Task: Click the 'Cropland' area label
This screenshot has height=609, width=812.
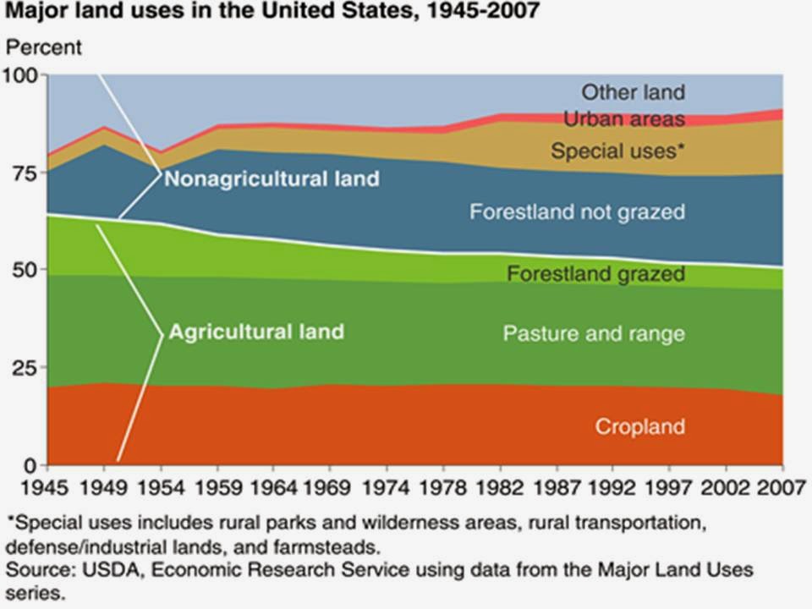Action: (639, 426)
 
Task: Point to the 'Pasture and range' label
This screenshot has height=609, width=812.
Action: (594, 333)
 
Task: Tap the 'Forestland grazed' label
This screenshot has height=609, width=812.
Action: (595, 274)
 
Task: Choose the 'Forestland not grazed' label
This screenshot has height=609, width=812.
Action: (577, 211)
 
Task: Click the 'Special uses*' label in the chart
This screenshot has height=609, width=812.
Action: (617, 151)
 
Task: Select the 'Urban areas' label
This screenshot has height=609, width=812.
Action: (623, 119)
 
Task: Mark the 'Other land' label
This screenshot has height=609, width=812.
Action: (633, 92)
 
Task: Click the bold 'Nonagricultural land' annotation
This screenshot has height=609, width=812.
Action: (272, 179)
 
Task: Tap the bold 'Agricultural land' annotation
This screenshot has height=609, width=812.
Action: (256, 331)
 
